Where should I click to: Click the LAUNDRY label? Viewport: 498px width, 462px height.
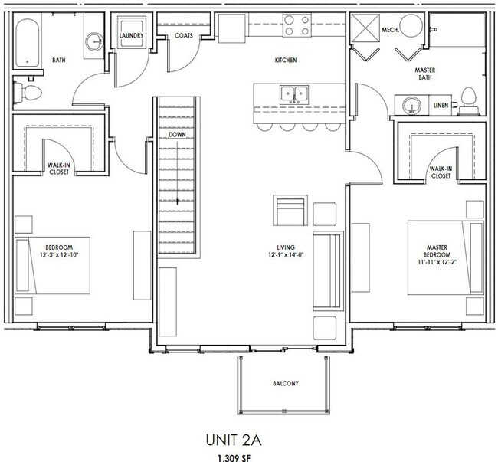[134, 34]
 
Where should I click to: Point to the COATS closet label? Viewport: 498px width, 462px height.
[183, 34]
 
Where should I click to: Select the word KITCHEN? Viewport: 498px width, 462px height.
[285, 60]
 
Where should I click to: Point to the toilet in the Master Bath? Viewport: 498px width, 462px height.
[470, 98]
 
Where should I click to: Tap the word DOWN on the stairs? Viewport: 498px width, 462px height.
[178, 135]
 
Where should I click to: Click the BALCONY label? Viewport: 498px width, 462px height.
[284, 383]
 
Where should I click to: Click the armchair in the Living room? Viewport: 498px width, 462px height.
[289, 211]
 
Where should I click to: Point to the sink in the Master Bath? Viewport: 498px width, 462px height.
[409, 103]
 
